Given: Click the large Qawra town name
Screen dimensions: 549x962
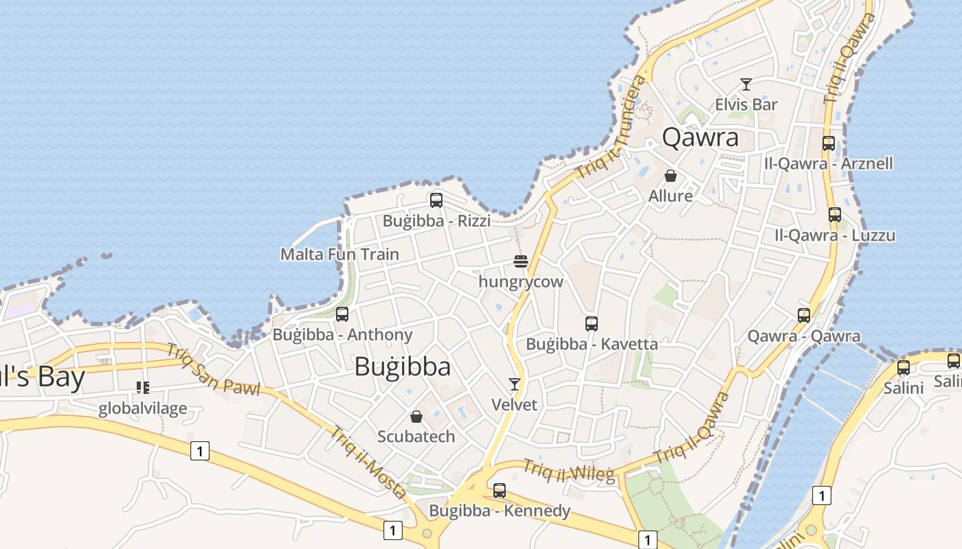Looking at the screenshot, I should click(700, 138).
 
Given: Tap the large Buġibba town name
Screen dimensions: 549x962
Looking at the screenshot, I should click(403, 366).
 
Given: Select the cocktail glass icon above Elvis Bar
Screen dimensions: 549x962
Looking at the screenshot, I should click(746, 84).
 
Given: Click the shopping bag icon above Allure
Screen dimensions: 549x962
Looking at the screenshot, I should click(671, 176).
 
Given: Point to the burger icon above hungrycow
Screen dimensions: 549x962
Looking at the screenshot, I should click(521, 261).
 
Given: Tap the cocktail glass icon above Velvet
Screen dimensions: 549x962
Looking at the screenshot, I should click(514, 384).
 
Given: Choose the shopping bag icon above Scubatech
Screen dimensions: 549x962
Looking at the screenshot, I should click(416, 417).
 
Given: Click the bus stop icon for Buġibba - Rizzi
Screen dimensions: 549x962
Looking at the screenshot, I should click(436, 200).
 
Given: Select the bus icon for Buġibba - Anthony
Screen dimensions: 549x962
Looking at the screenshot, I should click(342, 314).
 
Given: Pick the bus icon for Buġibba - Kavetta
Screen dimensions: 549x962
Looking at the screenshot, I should click(592, 324).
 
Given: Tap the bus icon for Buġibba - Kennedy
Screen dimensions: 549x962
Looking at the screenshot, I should click(500, 491).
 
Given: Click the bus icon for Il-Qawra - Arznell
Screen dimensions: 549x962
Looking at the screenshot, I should click(829, 143).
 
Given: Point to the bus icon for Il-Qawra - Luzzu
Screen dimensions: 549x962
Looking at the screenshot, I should click(835, 215).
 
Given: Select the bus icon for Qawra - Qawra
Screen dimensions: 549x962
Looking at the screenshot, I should click(804, 316).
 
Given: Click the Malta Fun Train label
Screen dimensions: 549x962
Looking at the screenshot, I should click(339, 255).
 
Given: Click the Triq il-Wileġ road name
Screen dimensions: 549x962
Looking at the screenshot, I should click(569, 471).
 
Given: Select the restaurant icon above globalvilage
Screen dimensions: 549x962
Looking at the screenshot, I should click(143, 388).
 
